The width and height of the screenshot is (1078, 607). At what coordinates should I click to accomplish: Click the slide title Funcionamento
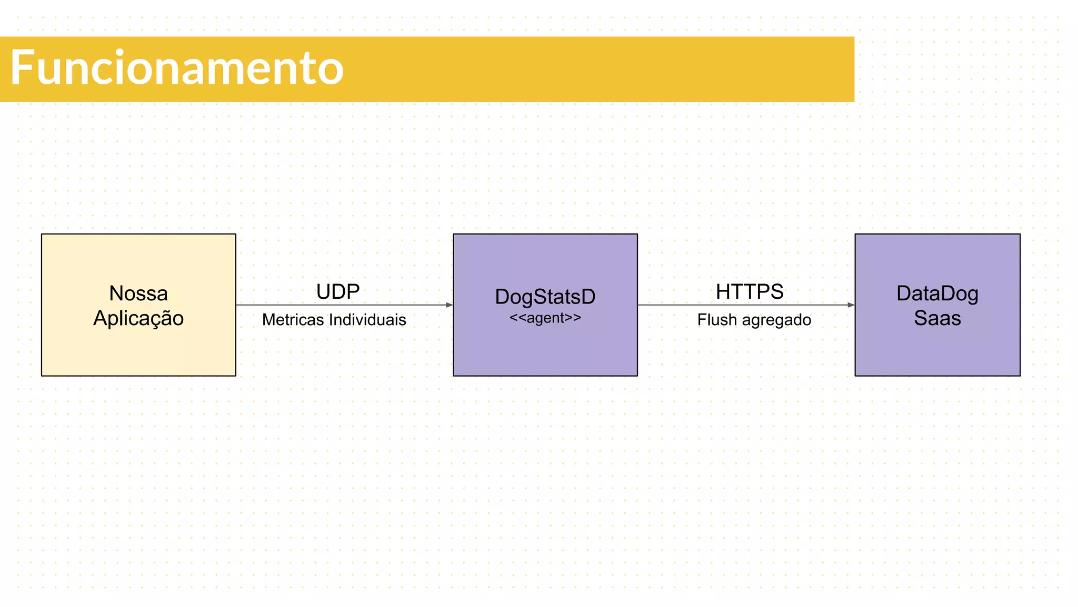pyautogui.click(x=177, y=67)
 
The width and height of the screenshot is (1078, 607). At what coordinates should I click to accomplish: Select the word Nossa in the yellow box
pyautogui.click(x=138, y=293)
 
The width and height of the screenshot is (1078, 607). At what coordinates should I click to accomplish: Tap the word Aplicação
pyautogui.click(x=138, y=318)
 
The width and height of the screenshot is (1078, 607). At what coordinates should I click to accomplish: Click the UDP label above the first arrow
pyautogui.click(x=338, y=291)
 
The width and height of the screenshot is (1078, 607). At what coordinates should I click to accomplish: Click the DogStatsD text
pyautogui.click(x=545, y=297)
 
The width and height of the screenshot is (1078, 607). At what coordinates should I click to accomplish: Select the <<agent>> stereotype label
pyautogui.click(x=545, y=318)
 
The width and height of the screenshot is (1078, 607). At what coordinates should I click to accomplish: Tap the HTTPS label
pyautogui.click(x=750, y=291)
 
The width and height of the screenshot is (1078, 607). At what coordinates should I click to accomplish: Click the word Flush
pyautogui.click(x=717, y=320)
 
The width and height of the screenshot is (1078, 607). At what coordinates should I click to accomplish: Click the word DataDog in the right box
pyautogui.click(x=937, y=293)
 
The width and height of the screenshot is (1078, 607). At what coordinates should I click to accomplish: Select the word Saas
pyautogui.click(x=937, y=318)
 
